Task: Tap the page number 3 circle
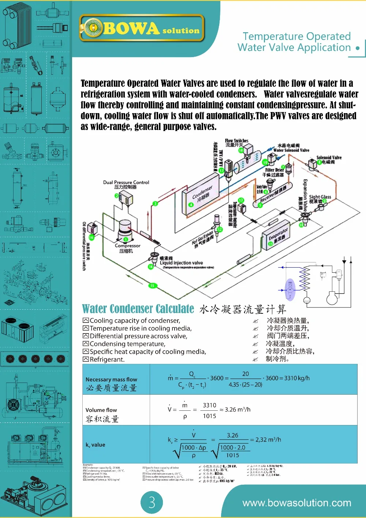point(152,502)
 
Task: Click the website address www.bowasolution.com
point(296,503)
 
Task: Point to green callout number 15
point(152,286)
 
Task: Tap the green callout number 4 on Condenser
point(191,205)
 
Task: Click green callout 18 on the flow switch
point(241,150)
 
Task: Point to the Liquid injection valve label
point(181,263)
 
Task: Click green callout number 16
point(91,237)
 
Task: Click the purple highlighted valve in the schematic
point(290,289)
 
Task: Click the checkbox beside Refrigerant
point(86,359)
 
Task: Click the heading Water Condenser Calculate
point(138,309)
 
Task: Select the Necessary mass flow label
point(111,380)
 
